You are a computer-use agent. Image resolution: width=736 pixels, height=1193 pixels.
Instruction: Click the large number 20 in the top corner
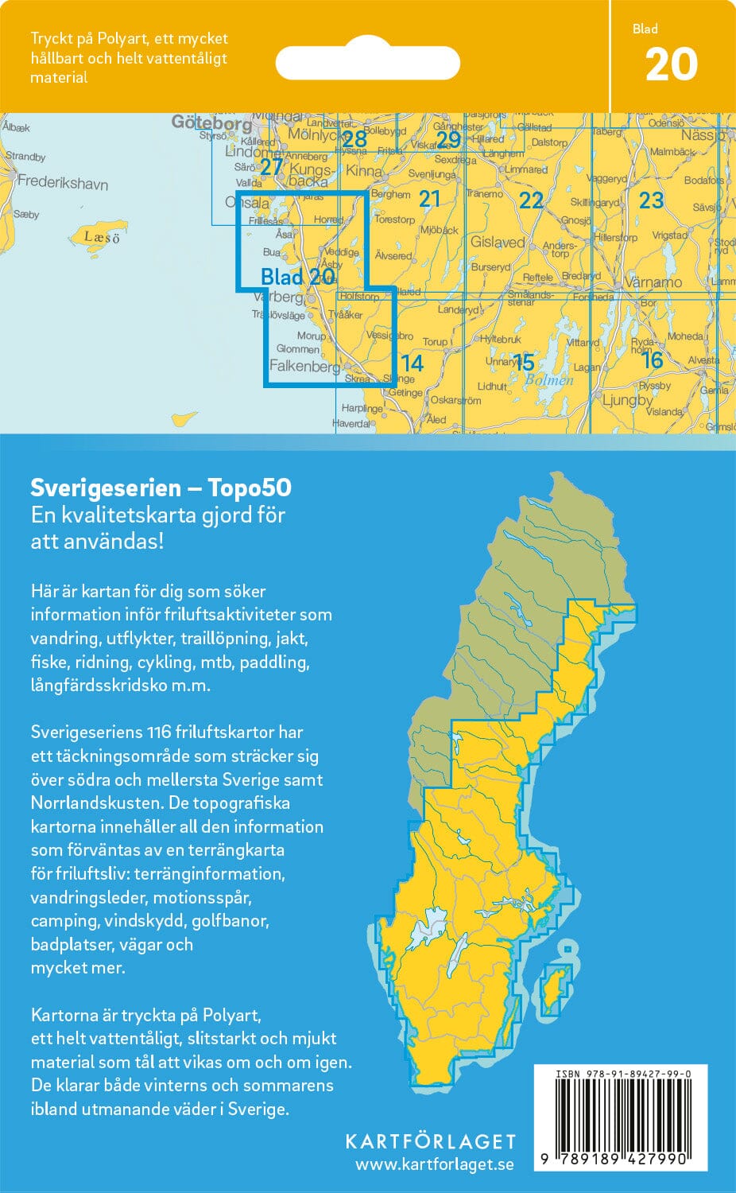[x=671, y=65]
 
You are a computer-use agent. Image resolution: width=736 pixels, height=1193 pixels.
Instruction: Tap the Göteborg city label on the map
[x=211, y=123]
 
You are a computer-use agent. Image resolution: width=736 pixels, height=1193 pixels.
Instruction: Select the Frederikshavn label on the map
[x=63, y=182]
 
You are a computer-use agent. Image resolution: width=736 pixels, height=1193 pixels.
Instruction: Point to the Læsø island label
[x=103, y=237]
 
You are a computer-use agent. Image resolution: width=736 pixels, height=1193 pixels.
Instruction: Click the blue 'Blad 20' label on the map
[x=297, y=277]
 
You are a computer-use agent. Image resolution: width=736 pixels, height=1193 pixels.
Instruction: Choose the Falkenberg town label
[x=304, y=366]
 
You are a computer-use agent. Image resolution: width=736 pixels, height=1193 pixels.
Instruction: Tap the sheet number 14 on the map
[x=412, y=363]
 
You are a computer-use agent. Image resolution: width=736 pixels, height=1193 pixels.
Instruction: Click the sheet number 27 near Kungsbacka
[x=272, y=167]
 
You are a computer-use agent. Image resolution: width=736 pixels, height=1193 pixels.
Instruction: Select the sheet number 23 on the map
[x=651, y=200]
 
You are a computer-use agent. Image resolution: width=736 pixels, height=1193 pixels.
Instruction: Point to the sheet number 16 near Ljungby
[x=652, y=360]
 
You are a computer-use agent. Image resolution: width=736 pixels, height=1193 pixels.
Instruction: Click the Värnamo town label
[x=653, y=282]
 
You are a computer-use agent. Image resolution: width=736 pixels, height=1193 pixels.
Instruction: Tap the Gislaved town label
[x=498, y=242]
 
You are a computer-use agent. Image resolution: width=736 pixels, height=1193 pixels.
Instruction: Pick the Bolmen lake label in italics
[x=548, y=380]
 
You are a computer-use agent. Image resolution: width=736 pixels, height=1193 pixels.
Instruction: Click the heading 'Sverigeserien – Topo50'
[x=161, y=487]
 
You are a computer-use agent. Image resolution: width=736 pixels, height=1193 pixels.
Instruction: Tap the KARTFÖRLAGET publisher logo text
[x=430, y=1141]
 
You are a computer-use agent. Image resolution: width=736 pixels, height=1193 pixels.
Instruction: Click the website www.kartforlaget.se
[x=434, y=1165]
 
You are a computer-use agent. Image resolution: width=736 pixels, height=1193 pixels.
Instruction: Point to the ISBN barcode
[x=620, y=1117]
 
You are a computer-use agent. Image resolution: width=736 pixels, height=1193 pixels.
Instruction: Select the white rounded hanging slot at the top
[x=367, y=63]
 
